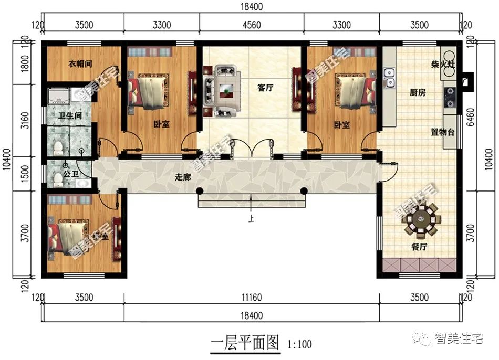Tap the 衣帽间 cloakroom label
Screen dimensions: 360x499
click(x=80, y=63)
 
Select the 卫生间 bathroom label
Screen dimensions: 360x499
click(x=69, y=117)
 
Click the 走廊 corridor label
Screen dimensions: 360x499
click(x=182, y=177)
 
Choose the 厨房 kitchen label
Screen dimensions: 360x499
click(x=418, y=92)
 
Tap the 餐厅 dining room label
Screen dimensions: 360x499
click(x=419, y=248)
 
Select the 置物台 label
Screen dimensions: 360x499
click(x=443, y=132)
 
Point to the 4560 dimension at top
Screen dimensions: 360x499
click(x=251, y=25)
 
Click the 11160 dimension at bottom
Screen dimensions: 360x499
click(x=251, y=298)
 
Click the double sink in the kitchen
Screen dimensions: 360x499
click(x=390, y=77)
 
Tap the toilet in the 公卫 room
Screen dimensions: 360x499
click(x=58, y=180)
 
